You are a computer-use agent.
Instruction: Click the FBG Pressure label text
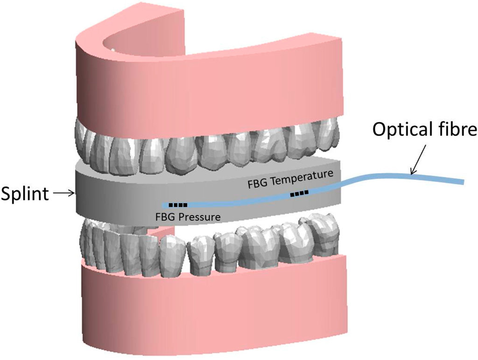(189, 216)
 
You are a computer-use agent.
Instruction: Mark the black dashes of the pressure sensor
(178, 205)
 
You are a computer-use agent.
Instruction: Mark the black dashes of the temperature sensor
(299, 193)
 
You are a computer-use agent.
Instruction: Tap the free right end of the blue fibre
(463, 181)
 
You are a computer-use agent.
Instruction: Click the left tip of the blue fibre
(163, 205)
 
